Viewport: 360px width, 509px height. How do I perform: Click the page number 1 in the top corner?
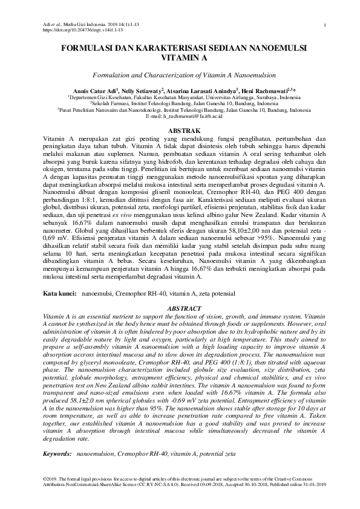[x=325, y=25]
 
